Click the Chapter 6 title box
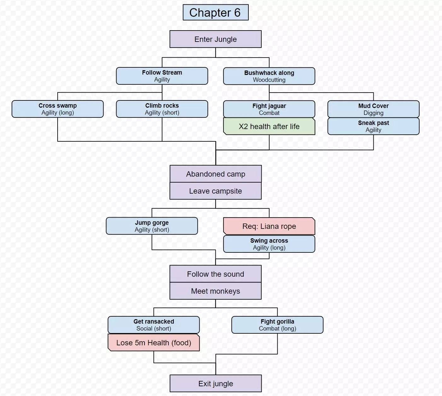pos(215,13)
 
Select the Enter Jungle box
pos(215,39)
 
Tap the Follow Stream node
pos(162,76)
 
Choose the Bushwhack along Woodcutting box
pos(269,76)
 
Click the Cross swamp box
pos(58,109)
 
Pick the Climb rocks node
pos(162,109)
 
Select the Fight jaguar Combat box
pos(269,109)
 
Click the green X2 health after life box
pos(269,127)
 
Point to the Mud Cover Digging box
pos(373,109)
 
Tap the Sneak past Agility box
pos(373,126)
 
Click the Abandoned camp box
pos(215,174)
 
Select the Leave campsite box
pos(215,191)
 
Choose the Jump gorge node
pos(152,226)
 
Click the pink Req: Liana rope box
pos(269,226)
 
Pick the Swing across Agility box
pos(269,244)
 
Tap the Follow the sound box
pos(215,274)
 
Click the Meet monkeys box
pos(215,291)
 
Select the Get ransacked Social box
pos(154,325)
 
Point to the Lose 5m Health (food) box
pos(154,342)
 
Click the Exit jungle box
pos(215,383)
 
